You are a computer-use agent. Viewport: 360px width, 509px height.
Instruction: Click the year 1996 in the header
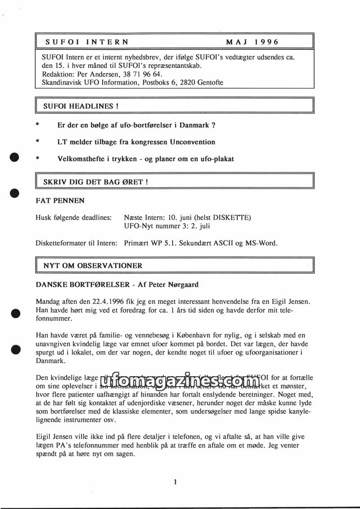266,42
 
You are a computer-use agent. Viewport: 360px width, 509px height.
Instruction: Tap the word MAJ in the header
235,42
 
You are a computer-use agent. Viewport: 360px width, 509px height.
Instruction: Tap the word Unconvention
193,142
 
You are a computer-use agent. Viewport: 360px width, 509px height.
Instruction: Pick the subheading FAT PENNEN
60,200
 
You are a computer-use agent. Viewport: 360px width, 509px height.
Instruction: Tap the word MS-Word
261,243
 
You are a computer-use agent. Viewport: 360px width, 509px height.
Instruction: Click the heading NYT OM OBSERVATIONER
93,266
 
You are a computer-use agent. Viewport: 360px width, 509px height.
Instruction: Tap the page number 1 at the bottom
175,482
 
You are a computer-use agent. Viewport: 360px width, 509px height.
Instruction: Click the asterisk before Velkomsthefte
38,159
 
